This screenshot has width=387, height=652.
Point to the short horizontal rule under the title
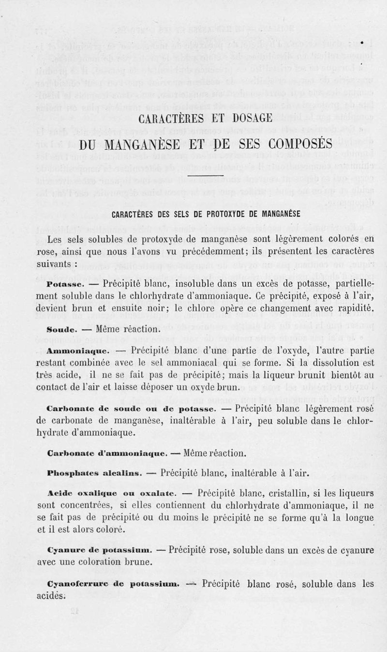(205, 175)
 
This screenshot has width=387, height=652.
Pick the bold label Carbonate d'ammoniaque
(107, 454)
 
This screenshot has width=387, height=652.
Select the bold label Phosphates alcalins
(94, 473)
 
